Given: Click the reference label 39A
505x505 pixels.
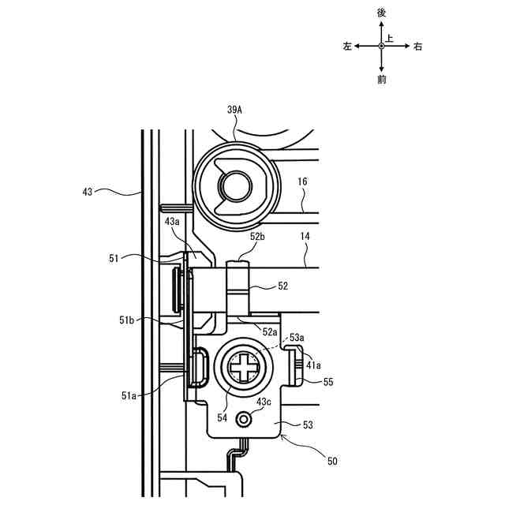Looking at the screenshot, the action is [234, 110].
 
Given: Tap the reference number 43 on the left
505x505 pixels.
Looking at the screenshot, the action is [88, 192].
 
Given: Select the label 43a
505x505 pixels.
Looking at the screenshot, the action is [172, 222].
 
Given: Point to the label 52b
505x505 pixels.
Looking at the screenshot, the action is [257, 237].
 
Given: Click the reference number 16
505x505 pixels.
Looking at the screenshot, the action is [302, 181].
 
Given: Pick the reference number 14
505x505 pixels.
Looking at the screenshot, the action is [305, 237].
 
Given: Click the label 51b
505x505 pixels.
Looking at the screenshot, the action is [126, 320].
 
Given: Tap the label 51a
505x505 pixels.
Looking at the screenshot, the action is [129, 396].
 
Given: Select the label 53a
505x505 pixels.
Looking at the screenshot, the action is [297, 338].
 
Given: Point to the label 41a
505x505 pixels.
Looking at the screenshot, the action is [313, 365].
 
